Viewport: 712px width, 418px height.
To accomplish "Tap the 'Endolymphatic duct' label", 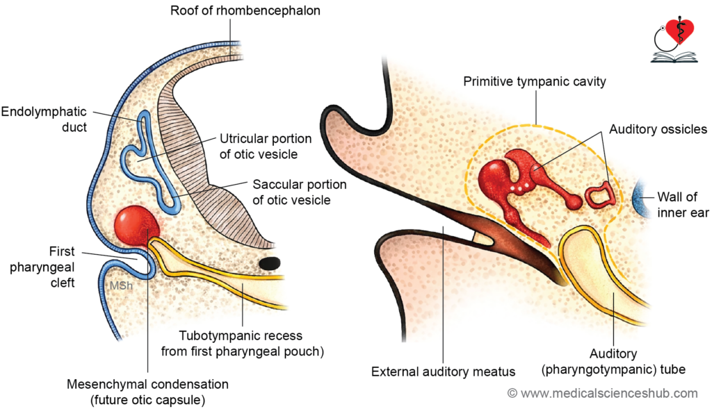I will [43, 119].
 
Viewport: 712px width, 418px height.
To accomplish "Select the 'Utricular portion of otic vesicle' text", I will [266, 147].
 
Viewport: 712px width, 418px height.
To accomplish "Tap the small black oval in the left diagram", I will [269, 263].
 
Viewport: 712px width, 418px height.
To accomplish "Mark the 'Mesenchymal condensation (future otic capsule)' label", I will [147, 392].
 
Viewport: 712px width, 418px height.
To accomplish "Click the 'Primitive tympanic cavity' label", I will [535, 81].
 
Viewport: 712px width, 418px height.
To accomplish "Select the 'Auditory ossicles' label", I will [658, 129].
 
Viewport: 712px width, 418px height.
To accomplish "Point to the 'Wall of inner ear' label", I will [683, 205].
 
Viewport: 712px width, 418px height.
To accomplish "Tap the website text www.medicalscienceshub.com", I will [602, 394].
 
